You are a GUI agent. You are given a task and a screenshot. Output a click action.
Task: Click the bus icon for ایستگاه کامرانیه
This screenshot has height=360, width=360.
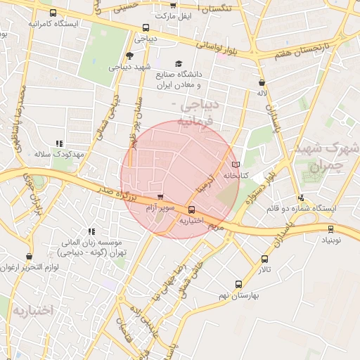pyautogui.click(x=53, y=13)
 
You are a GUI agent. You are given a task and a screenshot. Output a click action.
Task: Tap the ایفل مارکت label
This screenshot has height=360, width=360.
pyautogui.click(x=172, y=15)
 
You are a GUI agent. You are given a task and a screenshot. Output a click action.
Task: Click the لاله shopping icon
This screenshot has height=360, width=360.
pyautogui.click(x=262, y=82)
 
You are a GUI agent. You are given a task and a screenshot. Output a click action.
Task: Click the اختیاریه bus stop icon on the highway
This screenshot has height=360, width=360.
pyautogui.click(x=191, y=209)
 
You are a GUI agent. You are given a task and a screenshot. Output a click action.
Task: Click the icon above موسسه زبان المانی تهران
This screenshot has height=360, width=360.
pyautogui.click(x=91, y=231)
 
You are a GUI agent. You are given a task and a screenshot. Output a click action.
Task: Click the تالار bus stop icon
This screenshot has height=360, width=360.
pyautogui.click(x=264, y=259)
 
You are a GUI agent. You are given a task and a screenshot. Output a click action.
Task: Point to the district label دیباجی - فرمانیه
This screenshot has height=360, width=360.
pyautogui.click(x=200, y=113)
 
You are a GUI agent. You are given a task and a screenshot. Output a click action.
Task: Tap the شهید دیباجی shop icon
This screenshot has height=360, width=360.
pyautogui.click(x=129, y=56)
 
